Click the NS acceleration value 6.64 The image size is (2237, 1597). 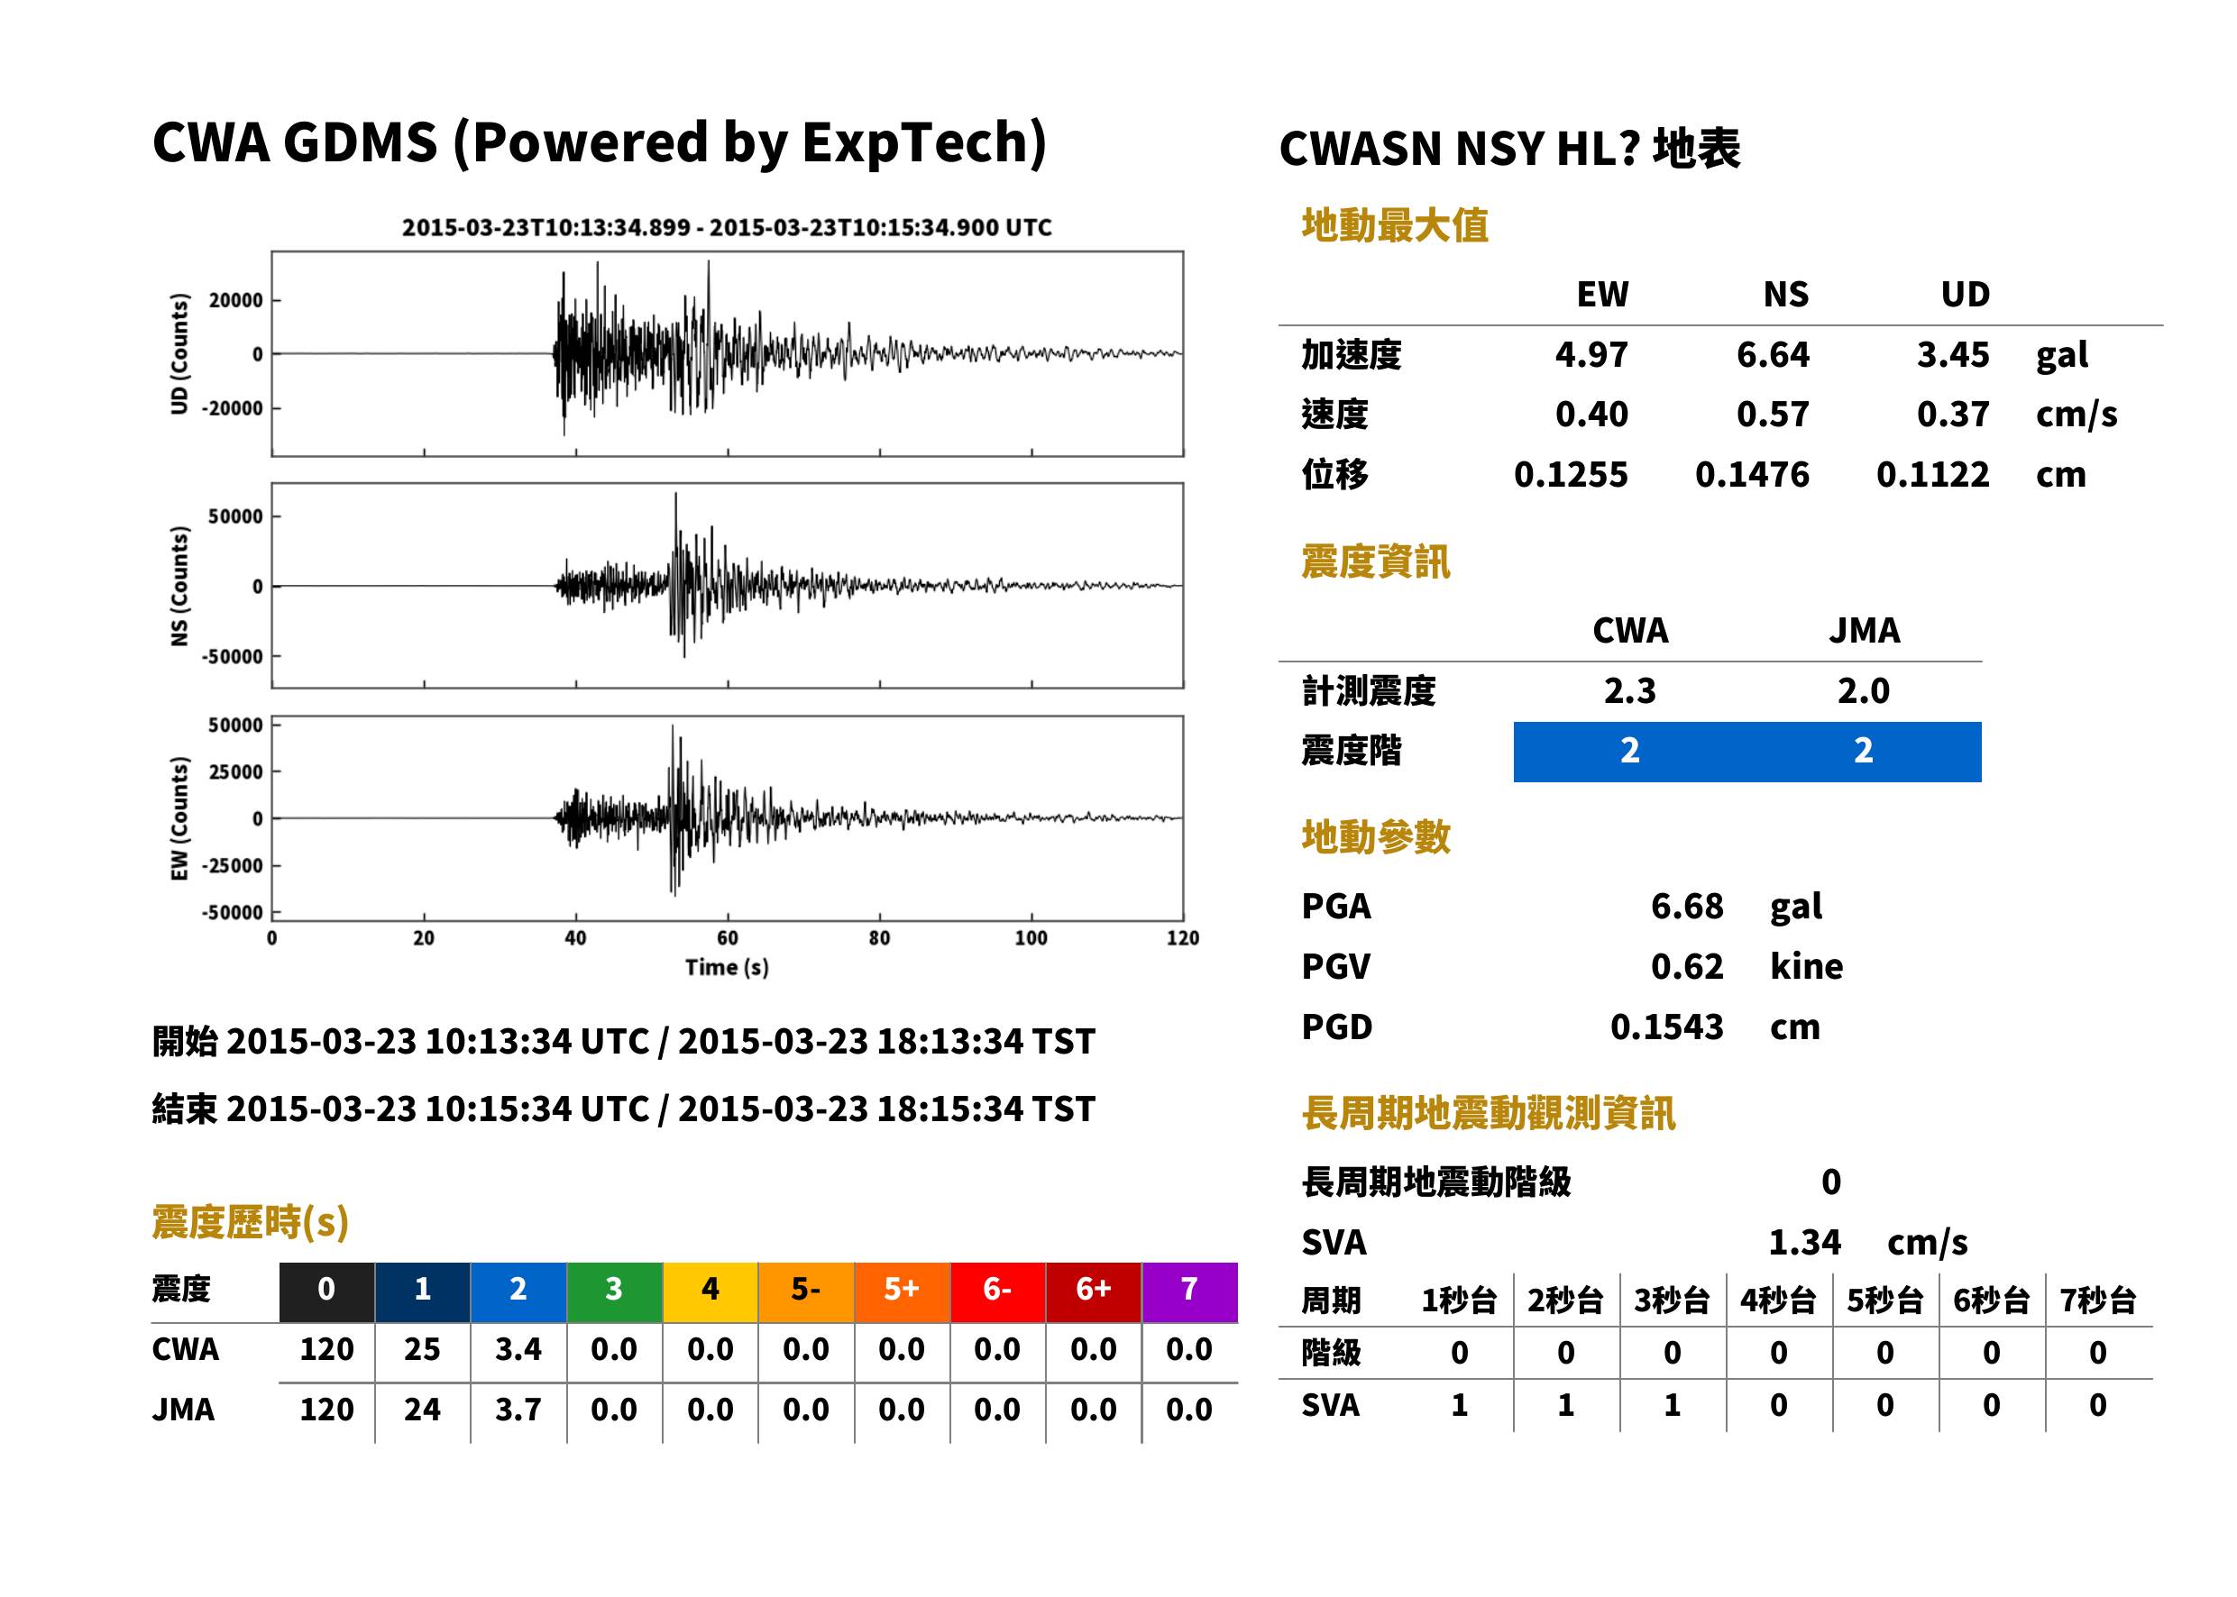tap(1772, 354)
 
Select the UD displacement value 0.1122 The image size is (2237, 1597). tap(1932, 474)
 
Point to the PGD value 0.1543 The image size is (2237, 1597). tap(1666, 1027)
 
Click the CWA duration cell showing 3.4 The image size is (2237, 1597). tap(518, 1349)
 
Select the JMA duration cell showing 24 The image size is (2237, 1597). tap(422, 1410)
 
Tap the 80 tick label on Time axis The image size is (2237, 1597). tap(879, 938)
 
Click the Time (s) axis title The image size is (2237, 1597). tap(727, 968)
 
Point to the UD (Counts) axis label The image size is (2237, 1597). tap(179, 354)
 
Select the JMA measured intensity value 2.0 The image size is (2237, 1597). tap(1863, 690)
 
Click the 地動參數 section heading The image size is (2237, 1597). tap(1375, 837)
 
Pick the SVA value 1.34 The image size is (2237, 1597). tap(1804, 1242)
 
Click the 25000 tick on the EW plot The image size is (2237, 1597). tap(236, 772)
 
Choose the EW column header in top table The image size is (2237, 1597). tap(1602, 294)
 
